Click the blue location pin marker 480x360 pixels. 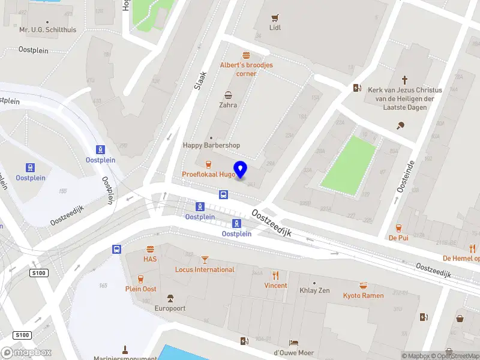click(x=240, y=169)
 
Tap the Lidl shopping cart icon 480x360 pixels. click(x=275, y=17)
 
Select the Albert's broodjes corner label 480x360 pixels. click(x=246, y=69)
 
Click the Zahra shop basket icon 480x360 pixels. click(x=228, y=95)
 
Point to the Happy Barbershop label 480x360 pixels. click(x=211, y=145)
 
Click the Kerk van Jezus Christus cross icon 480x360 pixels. click(x=404, y=79)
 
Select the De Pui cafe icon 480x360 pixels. click(x=398, y=228)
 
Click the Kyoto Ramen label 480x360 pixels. click(x=363, y=295)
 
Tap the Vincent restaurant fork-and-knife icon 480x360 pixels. click(x=275, y=275)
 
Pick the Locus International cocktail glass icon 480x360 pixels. click(x=205, y=259)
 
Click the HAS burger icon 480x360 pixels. click(x=150, y=249)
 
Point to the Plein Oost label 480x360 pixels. click(x=140, y=289)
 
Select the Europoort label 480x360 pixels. click(x=170, y=308)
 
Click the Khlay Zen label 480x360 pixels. click(x=314, y=290)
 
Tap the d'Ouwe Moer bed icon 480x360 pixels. click(x=293, y=343)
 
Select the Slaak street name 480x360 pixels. click(x=200, y=81)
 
